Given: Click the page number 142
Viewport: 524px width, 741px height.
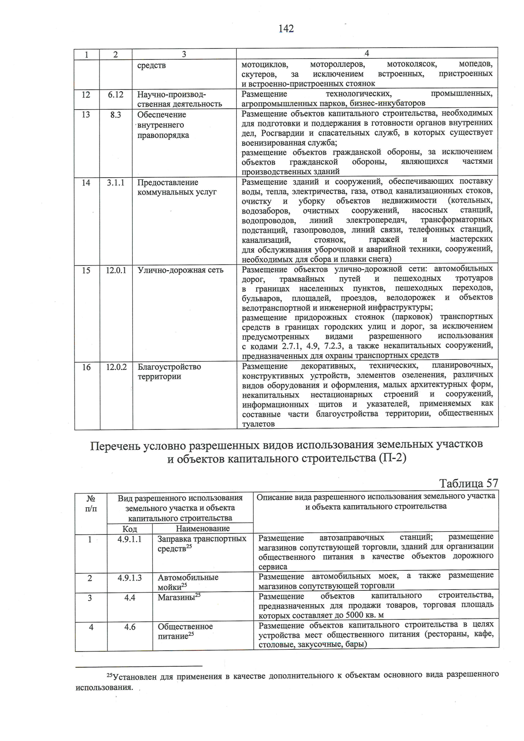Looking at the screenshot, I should point(286,29).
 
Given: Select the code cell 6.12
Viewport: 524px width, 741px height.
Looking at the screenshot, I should point(116,94).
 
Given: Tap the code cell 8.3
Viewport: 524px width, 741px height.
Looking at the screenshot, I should point(116,114).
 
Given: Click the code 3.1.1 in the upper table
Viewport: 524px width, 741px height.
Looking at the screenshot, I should point(116,183).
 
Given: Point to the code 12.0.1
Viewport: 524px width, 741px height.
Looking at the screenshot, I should point(116,270).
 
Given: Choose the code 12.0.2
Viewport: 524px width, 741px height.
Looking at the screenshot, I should point(116,367).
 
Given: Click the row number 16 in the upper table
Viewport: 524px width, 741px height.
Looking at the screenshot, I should point(86,367).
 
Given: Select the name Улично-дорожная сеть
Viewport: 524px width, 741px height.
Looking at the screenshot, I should point(180,270).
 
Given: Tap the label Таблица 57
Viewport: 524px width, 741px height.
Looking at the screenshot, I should point(468,483).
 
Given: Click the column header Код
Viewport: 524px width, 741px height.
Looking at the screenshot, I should point(130,529).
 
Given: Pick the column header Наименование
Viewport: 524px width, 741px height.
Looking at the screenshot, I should point(203,529).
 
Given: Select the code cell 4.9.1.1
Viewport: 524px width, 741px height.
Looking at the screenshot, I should point(130,539).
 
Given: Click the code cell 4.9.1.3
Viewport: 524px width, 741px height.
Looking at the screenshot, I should point(130,578).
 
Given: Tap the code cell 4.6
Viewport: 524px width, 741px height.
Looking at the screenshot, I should point(130,627).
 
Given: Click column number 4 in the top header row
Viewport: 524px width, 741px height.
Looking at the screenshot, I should point(367,53).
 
